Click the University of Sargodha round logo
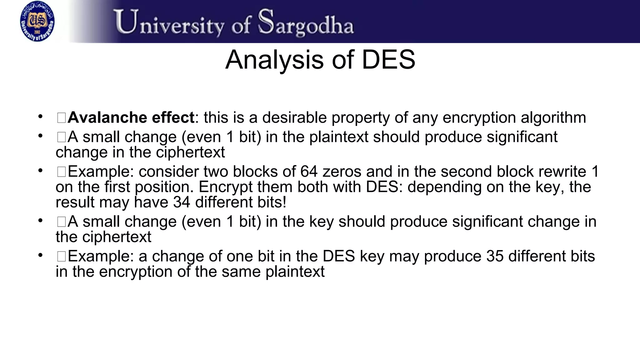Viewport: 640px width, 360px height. (x=37, y=21)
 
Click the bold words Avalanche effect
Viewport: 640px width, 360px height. (x=131, y=118)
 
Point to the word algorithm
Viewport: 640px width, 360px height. (x=553, y=118)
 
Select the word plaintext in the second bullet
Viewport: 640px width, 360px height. (x=339, y=137)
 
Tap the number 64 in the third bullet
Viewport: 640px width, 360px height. (x=309, y=172)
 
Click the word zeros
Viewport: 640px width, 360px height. (x=342, y=172)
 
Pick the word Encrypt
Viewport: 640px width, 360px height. (x=225, y=187)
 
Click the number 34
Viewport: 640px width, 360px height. (x=182, y=202)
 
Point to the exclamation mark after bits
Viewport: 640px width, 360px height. (x=284, y=202)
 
